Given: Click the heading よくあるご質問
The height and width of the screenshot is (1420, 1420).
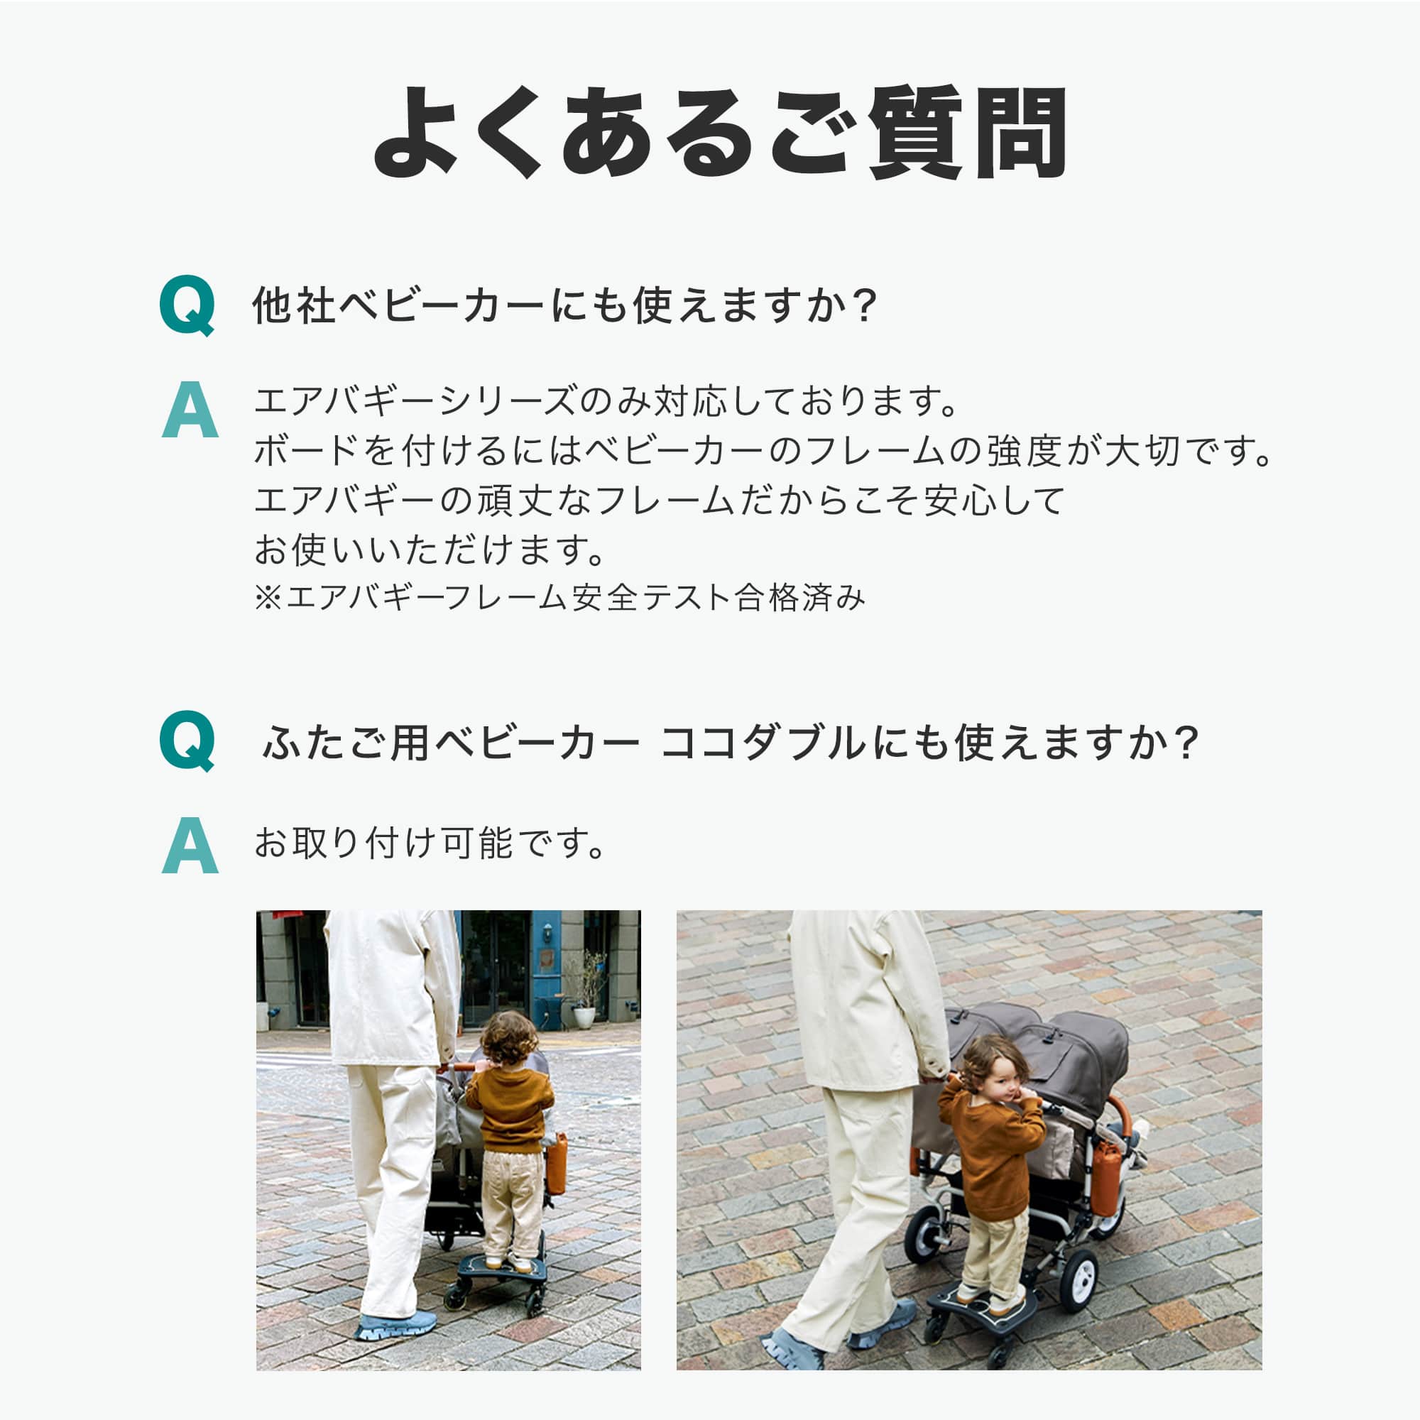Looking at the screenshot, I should tap(719, 132).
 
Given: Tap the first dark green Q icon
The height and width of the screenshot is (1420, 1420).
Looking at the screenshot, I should tap(187, 305).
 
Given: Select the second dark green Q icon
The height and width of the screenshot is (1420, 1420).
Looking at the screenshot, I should tap(187, 740).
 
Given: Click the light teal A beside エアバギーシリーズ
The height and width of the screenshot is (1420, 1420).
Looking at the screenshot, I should tap(190, 410).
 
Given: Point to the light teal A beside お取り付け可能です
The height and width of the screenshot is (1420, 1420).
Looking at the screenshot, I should tap(190, 845).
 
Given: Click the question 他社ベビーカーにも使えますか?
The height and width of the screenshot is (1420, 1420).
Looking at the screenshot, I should tap(564, 305).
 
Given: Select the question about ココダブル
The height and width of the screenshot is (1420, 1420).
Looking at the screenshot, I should tap(731, 743).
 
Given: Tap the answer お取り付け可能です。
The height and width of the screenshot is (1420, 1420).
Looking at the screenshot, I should tap(430, 843).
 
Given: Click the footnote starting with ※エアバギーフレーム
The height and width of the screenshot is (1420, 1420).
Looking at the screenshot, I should tap(559, 598).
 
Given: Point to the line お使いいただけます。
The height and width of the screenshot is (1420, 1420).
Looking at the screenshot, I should tap(430, 550).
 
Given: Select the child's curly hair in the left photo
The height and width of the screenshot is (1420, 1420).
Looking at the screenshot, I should tap(508, 1037).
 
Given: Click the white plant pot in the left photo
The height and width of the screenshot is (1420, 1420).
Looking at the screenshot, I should tap(584, 1017).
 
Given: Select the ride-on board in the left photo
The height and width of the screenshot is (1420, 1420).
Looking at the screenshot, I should tap(503, 1268).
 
